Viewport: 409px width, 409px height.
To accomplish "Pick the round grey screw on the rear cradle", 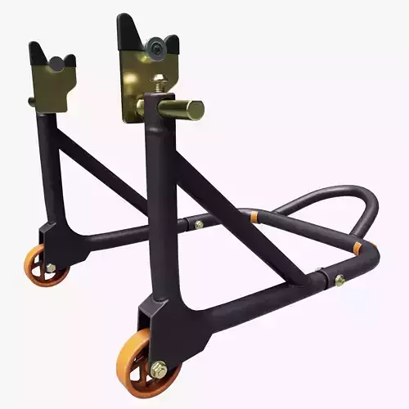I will tap(58, 63).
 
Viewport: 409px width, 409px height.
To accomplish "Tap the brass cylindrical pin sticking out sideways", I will tap(186, 110).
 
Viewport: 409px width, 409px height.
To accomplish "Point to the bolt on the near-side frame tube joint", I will tap(339, 280).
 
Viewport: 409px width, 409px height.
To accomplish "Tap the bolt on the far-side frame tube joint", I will tap(199, 223).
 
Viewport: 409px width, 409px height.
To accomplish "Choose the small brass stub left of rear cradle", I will tap(32, 101).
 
